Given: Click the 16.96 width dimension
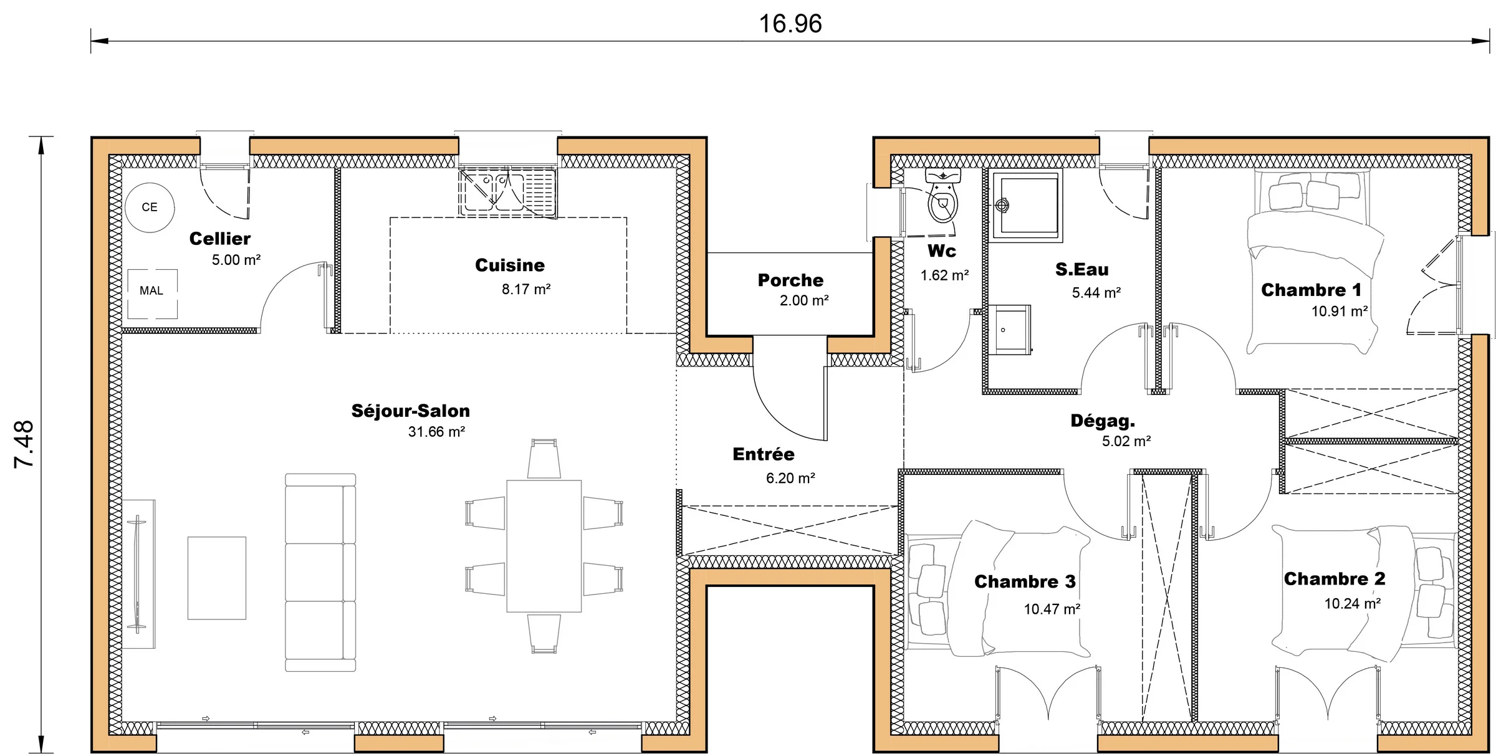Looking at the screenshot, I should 790,24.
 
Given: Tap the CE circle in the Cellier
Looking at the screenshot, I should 150,208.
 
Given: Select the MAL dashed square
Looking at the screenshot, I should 152,293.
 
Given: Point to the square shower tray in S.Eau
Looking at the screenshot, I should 1025,206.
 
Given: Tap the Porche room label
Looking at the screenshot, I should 790,280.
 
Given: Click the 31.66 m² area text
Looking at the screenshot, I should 436,432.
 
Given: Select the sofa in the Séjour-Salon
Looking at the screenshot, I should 320,572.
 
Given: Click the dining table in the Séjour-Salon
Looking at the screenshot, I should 544,546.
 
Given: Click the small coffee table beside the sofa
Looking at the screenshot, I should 217,578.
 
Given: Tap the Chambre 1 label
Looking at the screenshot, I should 1311,290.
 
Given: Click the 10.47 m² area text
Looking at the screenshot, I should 1052,609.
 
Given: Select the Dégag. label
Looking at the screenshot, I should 1102,421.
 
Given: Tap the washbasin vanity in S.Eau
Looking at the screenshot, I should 1008,329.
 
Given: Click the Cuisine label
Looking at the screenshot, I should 509,265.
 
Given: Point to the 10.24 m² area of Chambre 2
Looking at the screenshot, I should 1352,604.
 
